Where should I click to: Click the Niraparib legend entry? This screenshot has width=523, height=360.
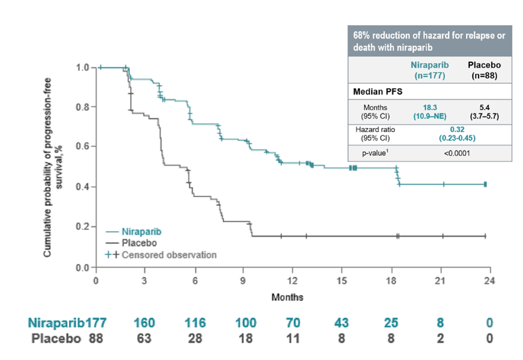click(x=140, y=231)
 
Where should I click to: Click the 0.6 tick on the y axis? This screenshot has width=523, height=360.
click(x=83, y=147)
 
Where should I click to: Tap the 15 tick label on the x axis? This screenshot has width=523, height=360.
click(x=341, y=280)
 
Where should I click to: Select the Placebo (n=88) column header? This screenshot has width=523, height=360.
click(x=484, y=70)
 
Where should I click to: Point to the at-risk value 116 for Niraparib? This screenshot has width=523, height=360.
click(x=196, y=324)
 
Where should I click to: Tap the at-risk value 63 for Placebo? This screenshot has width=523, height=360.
click(x=145, y=339)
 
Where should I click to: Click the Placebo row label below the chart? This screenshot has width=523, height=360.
click(x=55, y=339)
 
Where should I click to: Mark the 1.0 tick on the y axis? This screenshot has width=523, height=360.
click(x=83, y=67)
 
